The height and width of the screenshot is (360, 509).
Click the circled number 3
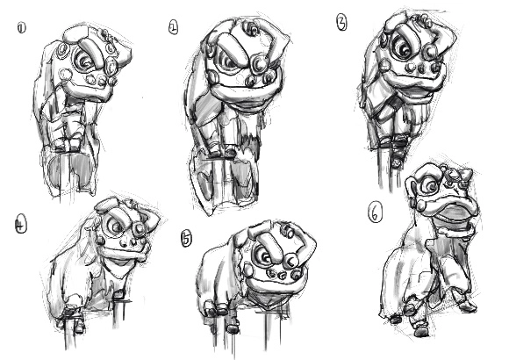(x=342, y=23)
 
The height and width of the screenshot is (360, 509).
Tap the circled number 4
(x=21, y=225)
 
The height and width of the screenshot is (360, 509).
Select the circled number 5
(x=186, y=238)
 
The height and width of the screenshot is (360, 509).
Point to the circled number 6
(x=375, y=212)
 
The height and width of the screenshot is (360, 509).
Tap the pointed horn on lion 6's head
(x=467, y=176)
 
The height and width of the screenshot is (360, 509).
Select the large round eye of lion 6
(x=430, y=186)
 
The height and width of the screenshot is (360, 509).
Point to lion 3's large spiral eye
(x=404, y=46)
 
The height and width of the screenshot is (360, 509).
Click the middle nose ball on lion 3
(x=421, y=68)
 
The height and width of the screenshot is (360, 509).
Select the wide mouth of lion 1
(x=90, y=90)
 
